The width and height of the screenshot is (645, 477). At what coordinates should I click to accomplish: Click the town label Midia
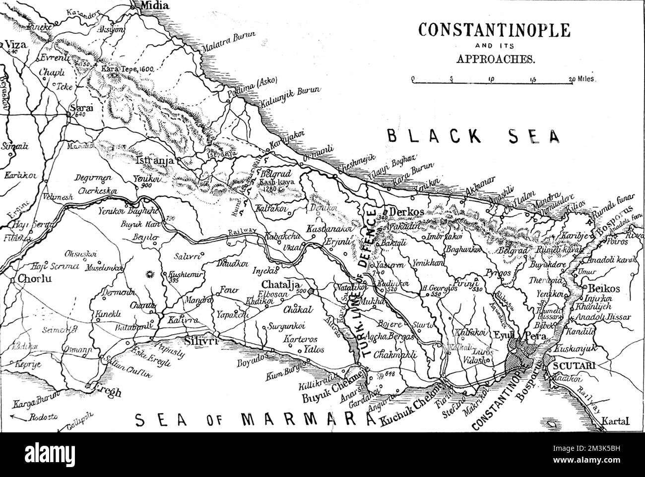tap(154, 6)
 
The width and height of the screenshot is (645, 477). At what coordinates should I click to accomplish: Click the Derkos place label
tap(406, 212)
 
